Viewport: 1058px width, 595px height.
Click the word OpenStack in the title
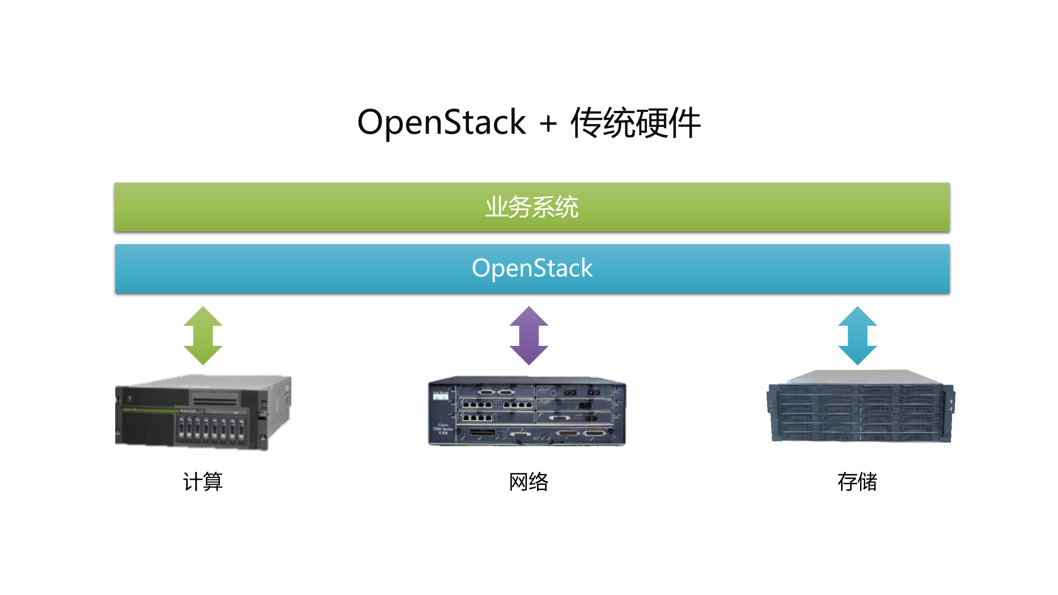[441, 122]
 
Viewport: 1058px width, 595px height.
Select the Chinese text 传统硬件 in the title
[635, 123]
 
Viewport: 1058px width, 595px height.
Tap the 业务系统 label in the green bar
[532, 207]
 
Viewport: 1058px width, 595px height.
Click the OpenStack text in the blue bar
[532, 268]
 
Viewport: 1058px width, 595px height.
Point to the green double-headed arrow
[203, 336]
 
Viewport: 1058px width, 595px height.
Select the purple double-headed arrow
[529, 336]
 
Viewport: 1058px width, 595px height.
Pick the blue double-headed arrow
[858, 336]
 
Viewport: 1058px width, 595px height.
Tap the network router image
[527, 411]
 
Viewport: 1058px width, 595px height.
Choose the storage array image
[860, 407]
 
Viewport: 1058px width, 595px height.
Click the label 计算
[203, 482]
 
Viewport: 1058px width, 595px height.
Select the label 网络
[529, 482]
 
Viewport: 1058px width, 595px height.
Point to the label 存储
[858, 482]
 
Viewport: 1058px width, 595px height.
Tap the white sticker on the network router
[440, 397]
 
